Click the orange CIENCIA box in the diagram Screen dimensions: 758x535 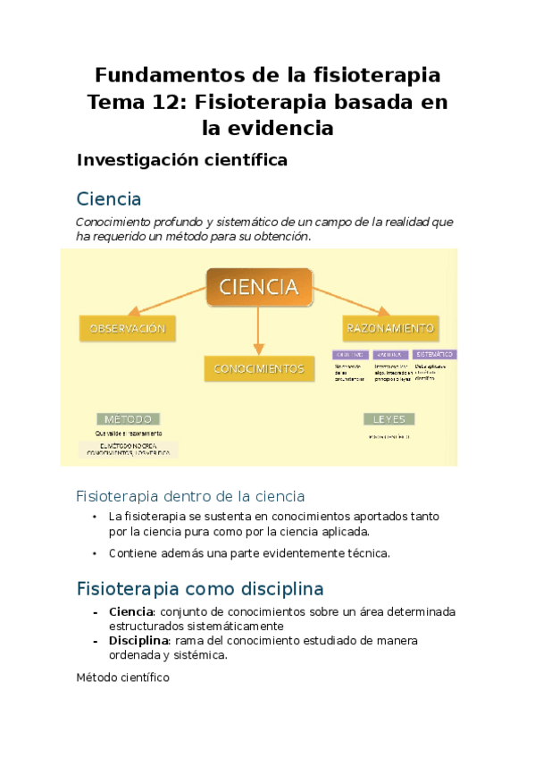coord(259,286)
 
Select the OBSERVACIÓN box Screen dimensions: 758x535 coord(127,328)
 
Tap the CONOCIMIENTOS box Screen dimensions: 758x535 coord(259,367)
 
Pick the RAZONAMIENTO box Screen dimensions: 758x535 coord(390,328)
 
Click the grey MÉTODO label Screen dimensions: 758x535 coord(128,418)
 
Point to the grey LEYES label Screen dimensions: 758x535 coord(389,418)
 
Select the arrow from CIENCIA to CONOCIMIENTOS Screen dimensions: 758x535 coord(259,331)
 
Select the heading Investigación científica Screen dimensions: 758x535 coord(182,160)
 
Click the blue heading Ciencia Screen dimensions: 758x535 coord(109,198)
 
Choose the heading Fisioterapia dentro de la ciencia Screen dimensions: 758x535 coord(190,495)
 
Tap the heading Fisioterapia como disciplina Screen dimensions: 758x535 coord(200,589)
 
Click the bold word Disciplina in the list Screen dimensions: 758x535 coord(139,641)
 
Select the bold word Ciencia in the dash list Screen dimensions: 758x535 coord(131,611)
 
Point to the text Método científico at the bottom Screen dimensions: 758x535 coord(123,678)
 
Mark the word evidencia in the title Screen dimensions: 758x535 coord(288,129)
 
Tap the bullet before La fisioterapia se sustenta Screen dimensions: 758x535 coord(95,517)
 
